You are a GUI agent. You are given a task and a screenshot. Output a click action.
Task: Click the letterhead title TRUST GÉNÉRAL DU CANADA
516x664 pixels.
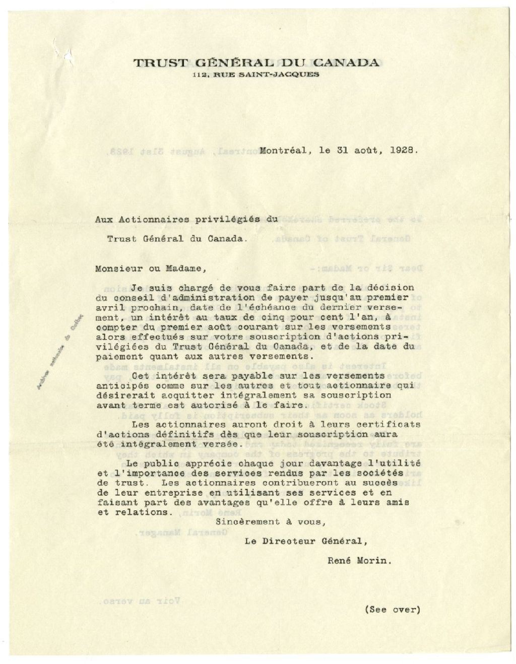point(256,63)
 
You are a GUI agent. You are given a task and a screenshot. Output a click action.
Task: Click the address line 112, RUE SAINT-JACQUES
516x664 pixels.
point(256,75)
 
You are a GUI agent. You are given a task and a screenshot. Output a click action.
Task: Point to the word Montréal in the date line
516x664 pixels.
point(282,150)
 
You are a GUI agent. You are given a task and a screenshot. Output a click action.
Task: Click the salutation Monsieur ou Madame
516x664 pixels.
point(151,269)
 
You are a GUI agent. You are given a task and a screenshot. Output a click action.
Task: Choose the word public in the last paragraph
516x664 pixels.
point(160,463)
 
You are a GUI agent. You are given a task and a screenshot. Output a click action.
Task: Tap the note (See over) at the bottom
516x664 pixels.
point(392,609)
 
